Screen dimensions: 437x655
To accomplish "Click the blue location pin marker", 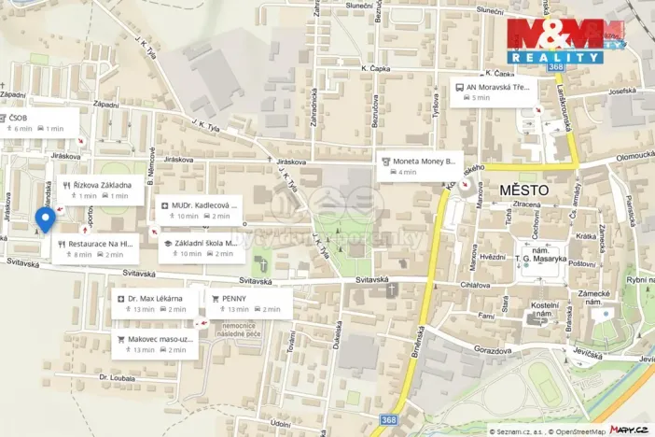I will (44, 220).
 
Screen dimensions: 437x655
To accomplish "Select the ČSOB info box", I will (32, 123).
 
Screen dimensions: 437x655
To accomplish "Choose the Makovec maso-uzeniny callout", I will (155, 344).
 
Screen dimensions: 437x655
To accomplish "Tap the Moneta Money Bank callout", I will (422, 165).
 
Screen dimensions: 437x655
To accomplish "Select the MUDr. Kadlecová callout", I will (200, 209).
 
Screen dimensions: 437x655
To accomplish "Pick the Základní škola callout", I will (200, 247).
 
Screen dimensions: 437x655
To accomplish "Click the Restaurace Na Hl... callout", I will (95, 247).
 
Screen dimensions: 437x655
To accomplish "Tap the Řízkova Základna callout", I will (103, 190).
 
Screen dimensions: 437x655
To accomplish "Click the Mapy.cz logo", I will (629, 429).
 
